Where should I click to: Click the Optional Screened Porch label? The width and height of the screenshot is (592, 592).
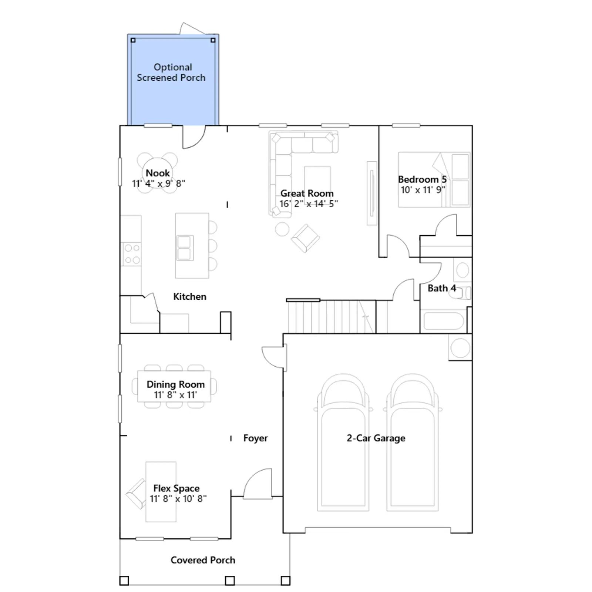coord(171,73)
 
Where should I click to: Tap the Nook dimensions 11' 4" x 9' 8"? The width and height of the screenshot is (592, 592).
coord(158,184)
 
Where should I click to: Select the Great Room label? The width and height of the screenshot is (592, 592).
coord(307,194)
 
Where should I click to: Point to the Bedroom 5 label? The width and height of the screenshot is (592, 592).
coord(422,179)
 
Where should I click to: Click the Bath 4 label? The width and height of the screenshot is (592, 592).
coord(442,288)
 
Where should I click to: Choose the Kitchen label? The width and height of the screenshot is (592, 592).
coord(190,297)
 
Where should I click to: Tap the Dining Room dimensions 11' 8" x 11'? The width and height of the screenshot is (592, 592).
coord(175,395)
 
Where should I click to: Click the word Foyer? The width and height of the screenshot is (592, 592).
coord(255,438)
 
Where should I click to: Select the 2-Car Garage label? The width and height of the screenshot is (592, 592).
coord(376,438)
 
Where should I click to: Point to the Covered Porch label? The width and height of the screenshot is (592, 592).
coord(203,560)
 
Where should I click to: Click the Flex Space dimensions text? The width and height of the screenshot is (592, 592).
coord(178,499)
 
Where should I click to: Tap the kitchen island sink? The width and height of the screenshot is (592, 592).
coord(185,248)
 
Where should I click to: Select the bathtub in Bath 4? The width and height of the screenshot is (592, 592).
coord(443,321)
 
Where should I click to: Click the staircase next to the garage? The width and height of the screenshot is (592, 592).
coord(332,316)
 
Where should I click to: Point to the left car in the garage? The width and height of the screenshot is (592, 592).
coord(343,443)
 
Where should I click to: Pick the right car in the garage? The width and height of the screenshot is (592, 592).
coord(413,443)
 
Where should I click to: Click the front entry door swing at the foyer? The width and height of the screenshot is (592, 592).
coord(258,483)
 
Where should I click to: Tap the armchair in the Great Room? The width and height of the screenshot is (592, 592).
coord(305,238)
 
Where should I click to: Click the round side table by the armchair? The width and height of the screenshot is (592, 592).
coord(282,229)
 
